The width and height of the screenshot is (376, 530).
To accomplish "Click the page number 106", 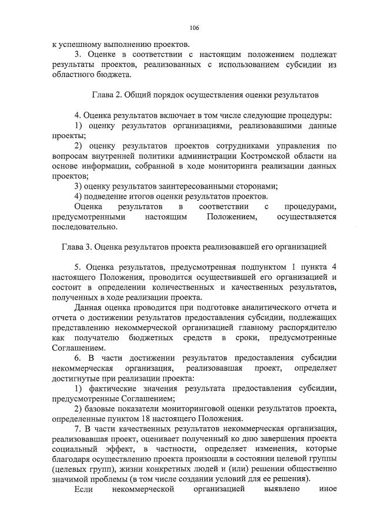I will pos(194,28).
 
